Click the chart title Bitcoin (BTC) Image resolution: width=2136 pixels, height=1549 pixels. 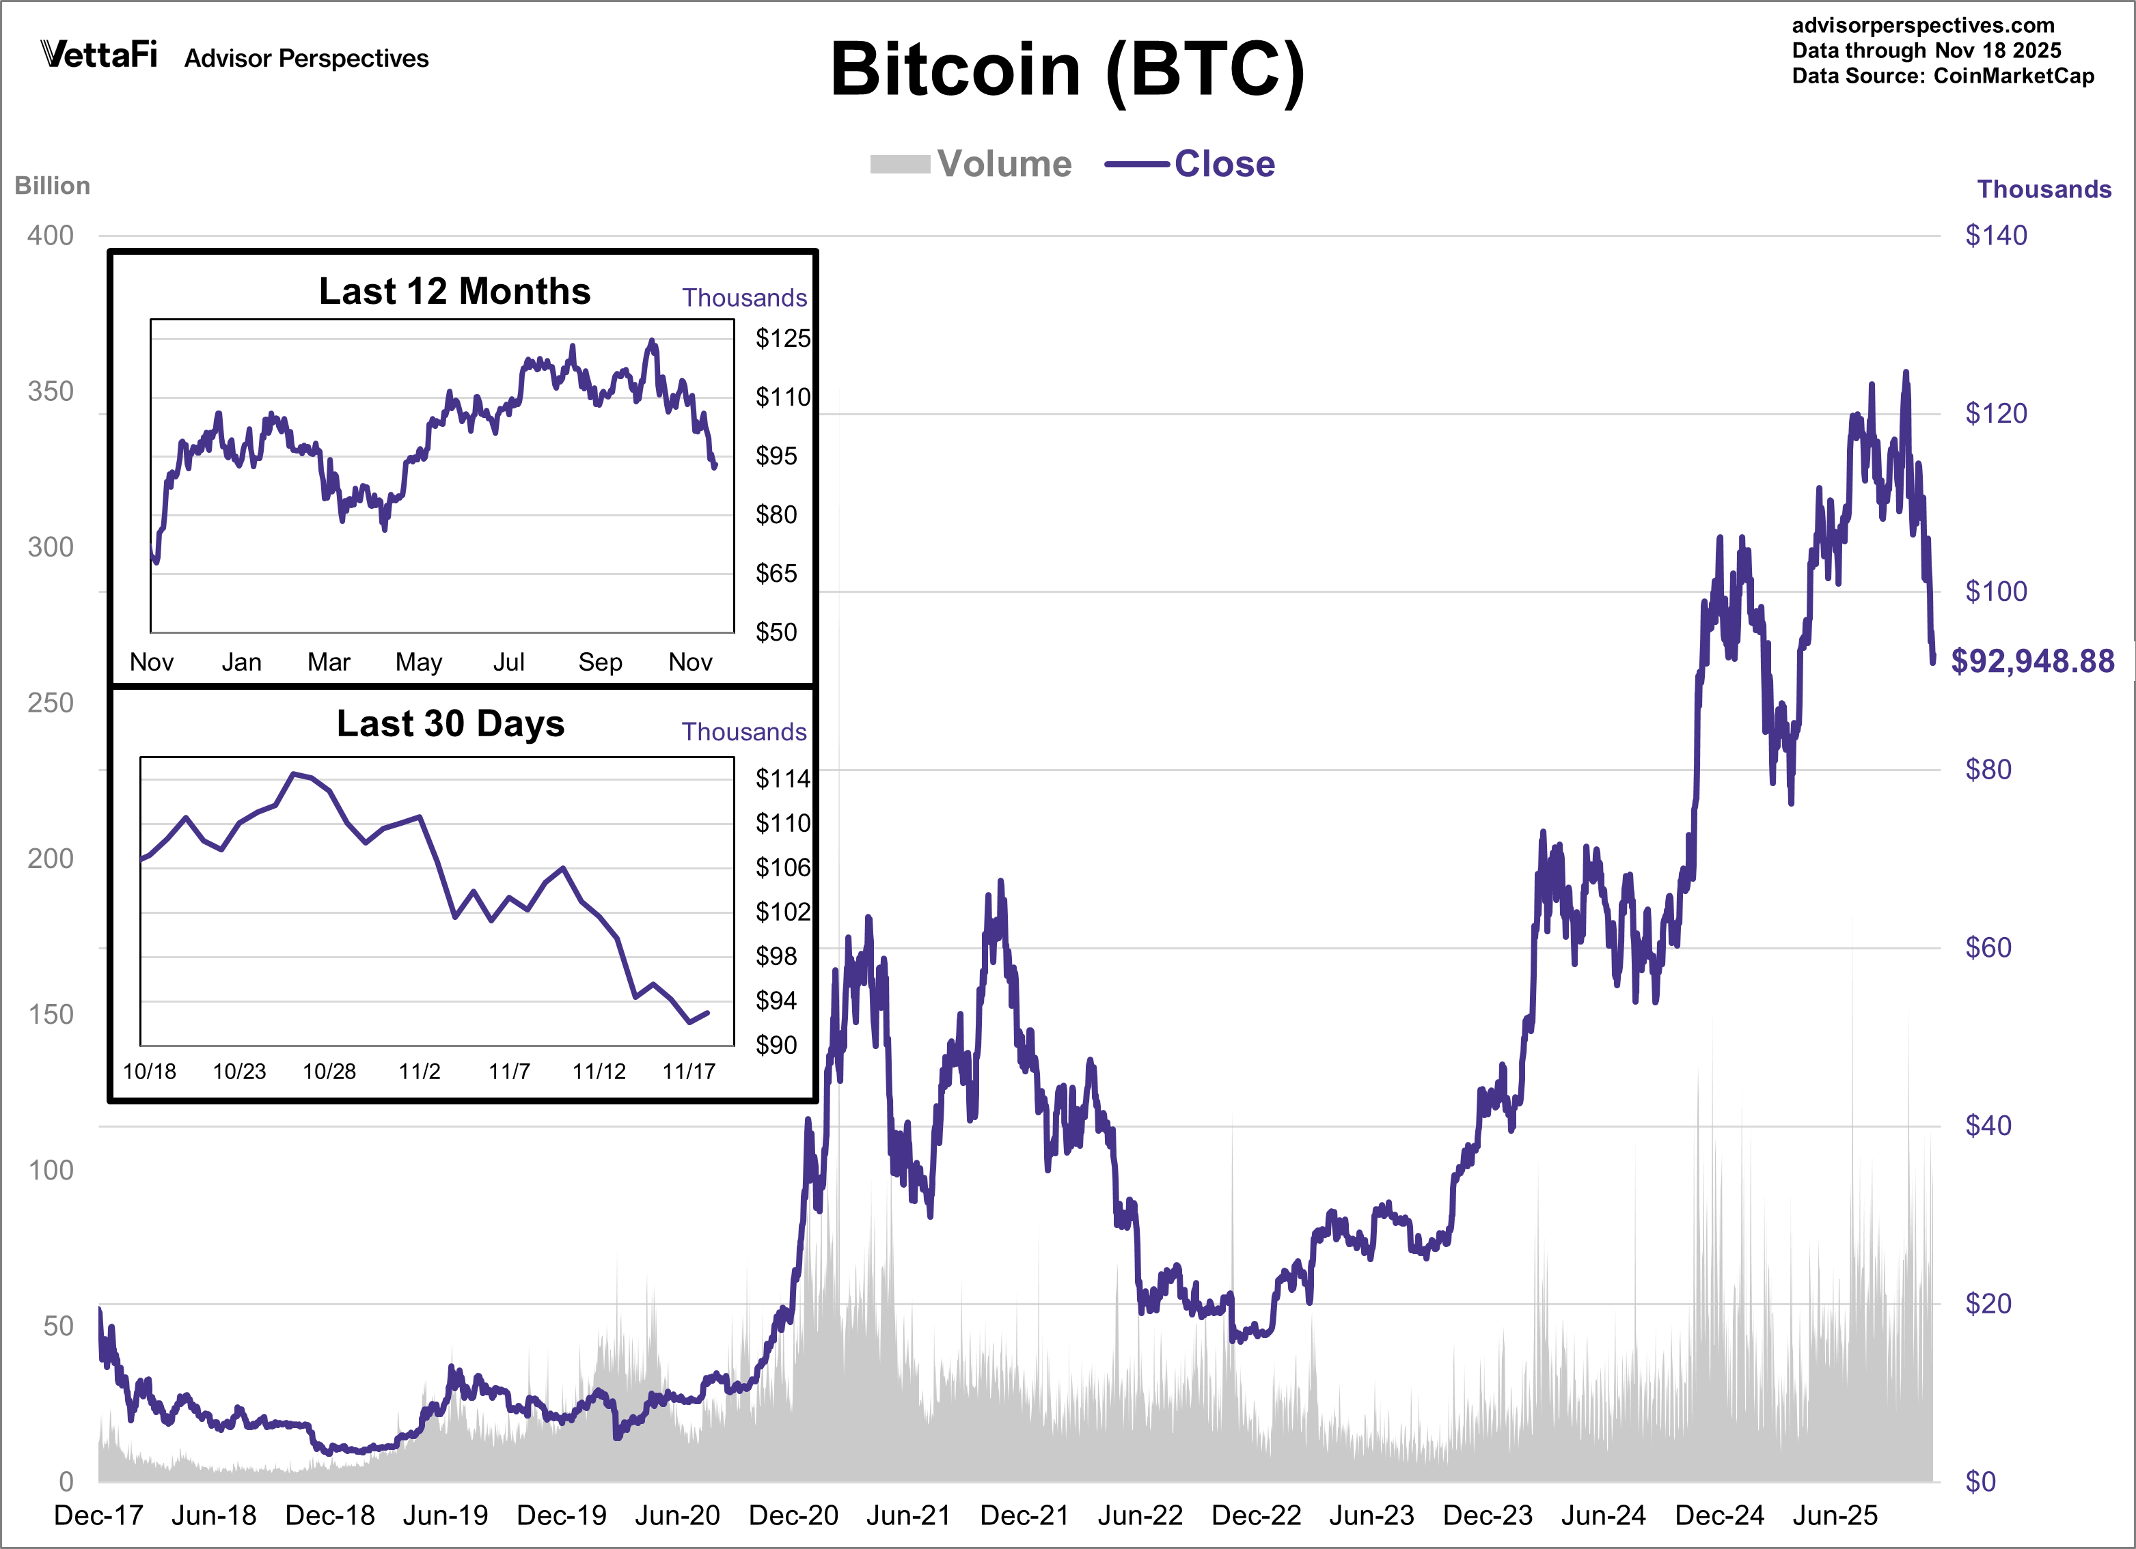[1067, 70]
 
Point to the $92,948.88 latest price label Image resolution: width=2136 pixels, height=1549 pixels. [2032, 661]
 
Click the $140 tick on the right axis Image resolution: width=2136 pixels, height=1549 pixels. [1996, 236]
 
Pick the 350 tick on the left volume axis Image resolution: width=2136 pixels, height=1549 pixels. [51, 392]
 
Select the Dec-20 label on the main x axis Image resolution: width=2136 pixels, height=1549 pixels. [793, 1515]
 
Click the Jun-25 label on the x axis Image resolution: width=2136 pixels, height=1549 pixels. [1835, 1515]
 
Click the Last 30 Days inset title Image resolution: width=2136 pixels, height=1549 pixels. [450, 723]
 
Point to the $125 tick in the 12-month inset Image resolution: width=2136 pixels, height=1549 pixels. [782, 338]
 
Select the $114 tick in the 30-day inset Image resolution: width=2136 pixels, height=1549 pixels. [782, 779]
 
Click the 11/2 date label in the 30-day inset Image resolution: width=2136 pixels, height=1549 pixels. [419, 1072]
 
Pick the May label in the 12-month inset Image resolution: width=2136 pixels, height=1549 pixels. [418, 662]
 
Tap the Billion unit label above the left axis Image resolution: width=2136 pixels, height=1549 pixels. [52, 186]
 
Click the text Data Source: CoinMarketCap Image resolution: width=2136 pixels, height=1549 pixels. [1942, 76]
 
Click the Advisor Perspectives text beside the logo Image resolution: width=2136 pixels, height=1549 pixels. [306, 58]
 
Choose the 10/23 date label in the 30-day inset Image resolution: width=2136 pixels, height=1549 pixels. [239, 1072]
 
